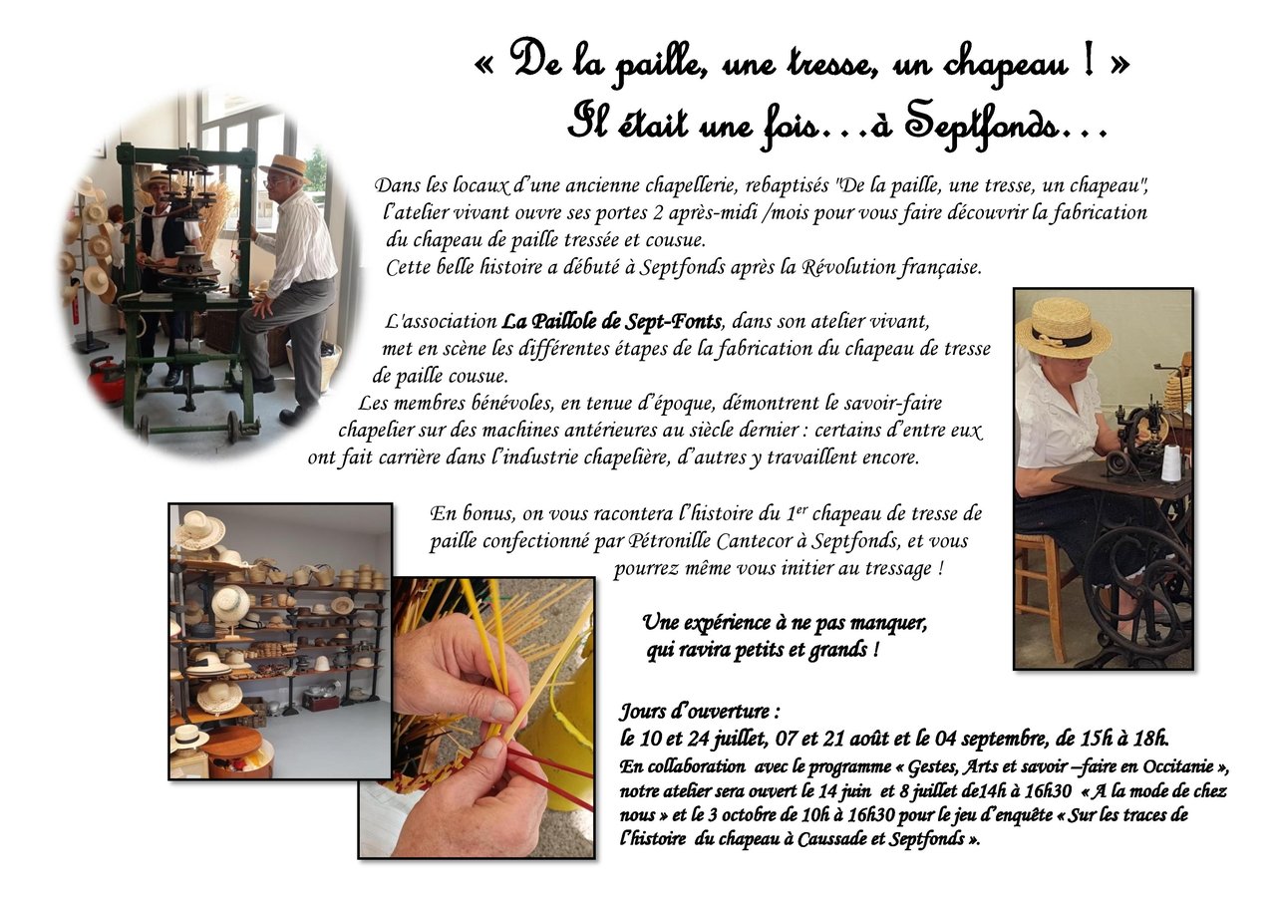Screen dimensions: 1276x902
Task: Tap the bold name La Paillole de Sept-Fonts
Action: pyautogui.click(x=611, y=322)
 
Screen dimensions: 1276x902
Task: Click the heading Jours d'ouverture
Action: pyautogui.click(x=699, y=712)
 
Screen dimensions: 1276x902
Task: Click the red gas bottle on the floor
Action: pyautogui.click(x=106, y=380)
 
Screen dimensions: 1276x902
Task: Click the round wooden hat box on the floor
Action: pyautogui.click(x=239, y=752)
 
